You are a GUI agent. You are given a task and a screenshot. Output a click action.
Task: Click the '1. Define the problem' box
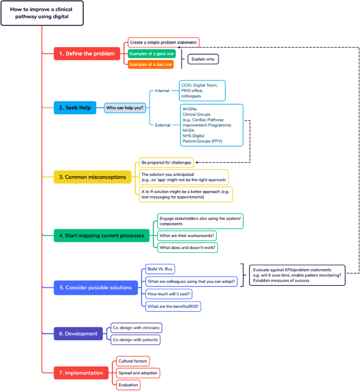pos(87,54)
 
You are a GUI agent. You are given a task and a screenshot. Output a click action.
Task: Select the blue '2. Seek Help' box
pos(75,108)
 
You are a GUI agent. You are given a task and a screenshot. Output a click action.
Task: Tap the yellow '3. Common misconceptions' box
pos(93,177)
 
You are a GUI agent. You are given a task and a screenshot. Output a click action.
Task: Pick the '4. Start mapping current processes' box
pos(101,235)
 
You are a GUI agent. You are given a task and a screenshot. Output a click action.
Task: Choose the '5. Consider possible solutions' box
pos(96,288)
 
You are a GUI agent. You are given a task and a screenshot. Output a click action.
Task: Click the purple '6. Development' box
pos(78,334)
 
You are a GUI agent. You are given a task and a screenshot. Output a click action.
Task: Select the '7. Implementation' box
pos(81,373)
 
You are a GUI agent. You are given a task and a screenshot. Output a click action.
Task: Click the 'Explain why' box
pos(203,59)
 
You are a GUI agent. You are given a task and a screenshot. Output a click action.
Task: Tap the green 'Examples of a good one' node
pos(151,54)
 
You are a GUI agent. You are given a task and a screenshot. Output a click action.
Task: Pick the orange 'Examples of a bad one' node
pos(151,64)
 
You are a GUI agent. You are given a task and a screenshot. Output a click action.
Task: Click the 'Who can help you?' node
pos(125,108)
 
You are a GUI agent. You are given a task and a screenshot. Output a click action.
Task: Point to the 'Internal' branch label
pos(162,91)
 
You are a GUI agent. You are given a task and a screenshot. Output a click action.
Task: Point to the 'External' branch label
pos(163,125)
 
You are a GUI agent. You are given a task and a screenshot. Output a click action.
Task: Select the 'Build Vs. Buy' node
pos(160,269)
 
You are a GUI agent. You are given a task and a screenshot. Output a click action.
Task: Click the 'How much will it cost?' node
pos(169,294)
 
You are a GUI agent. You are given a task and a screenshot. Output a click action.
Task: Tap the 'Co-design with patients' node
pos(135,340)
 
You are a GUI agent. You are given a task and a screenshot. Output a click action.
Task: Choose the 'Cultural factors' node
pos(133,361)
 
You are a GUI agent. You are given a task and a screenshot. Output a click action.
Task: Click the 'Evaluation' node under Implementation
pos(128,385)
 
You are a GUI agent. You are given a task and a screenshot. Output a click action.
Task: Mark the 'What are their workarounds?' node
pos(187,235)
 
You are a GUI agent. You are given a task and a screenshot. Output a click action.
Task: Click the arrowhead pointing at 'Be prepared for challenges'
pos(197,163)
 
